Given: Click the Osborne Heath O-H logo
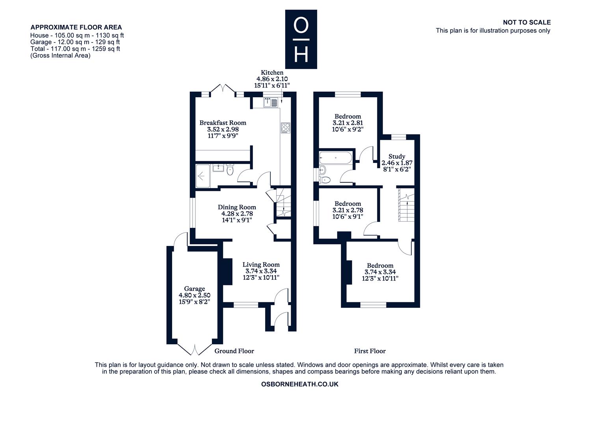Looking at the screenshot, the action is [301, 39].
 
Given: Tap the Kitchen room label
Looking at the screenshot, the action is [272, 72].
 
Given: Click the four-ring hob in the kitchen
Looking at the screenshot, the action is [285, 128].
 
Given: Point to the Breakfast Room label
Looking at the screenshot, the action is [223, 123].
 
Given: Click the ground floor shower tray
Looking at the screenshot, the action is [203, 176].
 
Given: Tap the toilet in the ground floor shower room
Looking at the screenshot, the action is [230, 169].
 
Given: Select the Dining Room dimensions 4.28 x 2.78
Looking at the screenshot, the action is [237, 214].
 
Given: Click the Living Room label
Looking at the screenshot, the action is [261, 265].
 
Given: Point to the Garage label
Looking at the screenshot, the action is [194, 289].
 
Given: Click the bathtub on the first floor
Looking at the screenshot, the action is [335, 158].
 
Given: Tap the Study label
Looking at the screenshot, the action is [397, 157].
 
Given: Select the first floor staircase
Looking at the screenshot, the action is [406, 205].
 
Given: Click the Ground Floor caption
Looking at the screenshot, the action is [234, 351].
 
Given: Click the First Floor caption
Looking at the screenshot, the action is [370, 351].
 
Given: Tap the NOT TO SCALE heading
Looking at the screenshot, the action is [527, 22].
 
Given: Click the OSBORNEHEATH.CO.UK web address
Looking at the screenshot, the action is [300, 384].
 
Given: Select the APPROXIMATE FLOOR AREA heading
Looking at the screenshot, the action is [76, 27].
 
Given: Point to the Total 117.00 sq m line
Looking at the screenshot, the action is [75, 49].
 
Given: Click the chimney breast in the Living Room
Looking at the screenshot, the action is [227, 272].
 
